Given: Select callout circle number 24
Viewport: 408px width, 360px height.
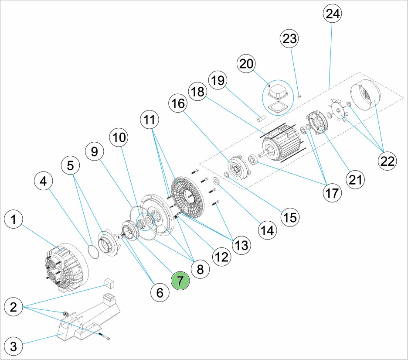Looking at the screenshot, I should (x=333, y=14).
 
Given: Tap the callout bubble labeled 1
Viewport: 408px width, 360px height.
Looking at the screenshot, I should (x=14, y=220).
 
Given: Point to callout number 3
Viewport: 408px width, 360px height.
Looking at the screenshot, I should (x=14, y=347).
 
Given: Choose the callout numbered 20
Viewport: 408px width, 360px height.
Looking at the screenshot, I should (x=247, y=64).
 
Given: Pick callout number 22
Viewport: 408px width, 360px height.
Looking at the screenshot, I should (x=386, y=161).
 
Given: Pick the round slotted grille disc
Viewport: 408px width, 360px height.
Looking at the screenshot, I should (x=188, y=196).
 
